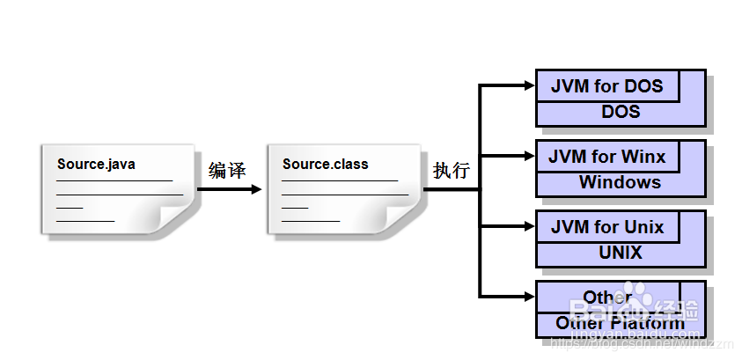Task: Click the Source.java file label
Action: click(x=97, y=164)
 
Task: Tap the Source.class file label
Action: click(x=326, y=164)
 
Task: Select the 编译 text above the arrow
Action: click(x=227, y=170)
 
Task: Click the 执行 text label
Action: click(x=451, y=170)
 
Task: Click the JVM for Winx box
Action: click(x=607, y=157)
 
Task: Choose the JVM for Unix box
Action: click(x=607, y=227)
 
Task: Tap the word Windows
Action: click(x=620, y=182)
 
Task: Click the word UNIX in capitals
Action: click(x=621, y=253)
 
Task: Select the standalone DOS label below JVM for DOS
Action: click(x=621, y=112)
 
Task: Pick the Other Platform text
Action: click(x=620, y=323)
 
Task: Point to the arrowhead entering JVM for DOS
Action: click(x=529, y=85)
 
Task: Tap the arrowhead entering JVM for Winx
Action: click(x=529, y=156)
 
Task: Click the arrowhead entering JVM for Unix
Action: click(x=529, y=226)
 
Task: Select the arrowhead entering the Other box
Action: click(x=529, y=297)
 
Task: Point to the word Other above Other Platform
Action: click(x=607, y=298)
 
